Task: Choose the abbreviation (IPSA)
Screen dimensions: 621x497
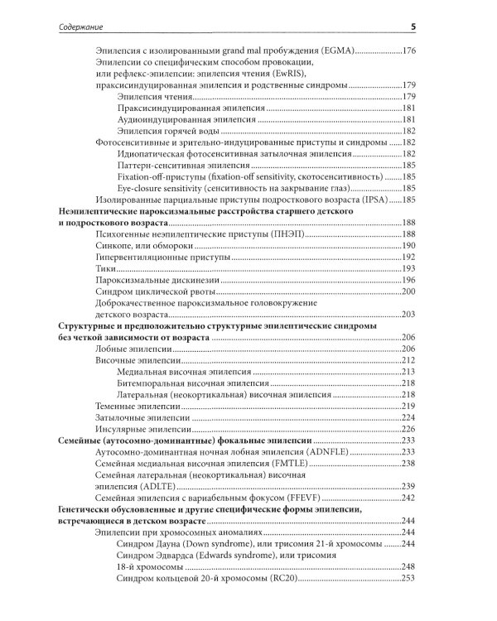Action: (374, 200)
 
